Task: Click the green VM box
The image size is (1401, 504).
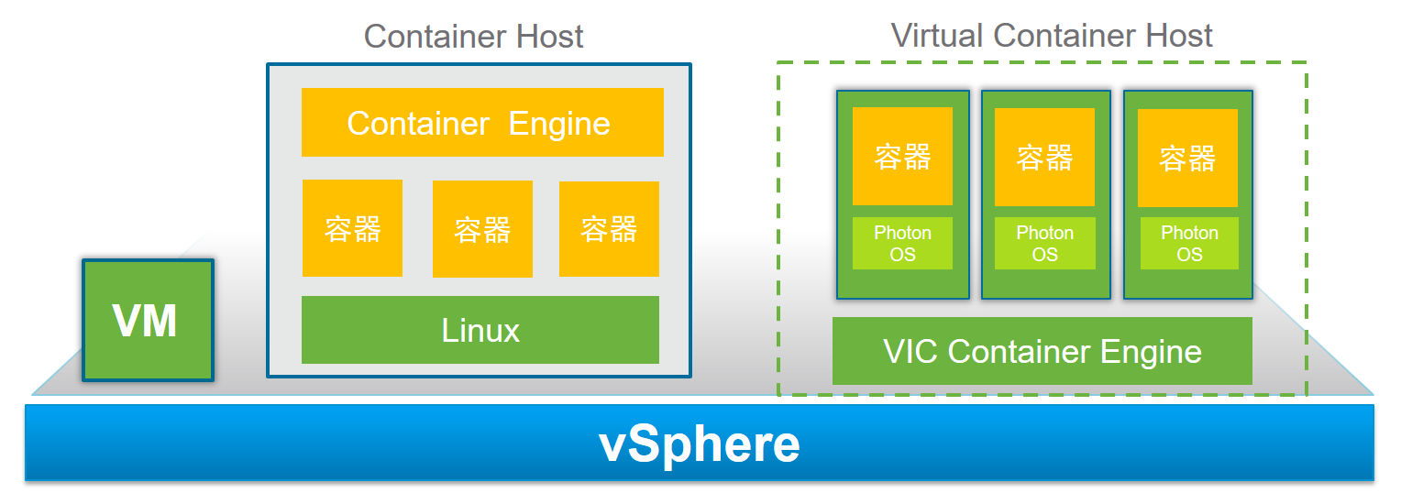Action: click(147, 320)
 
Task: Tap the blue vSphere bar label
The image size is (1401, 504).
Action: click(699, 444)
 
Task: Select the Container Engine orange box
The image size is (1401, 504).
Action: click(481, 123)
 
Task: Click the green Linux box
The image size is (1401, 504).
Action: click(480, 330)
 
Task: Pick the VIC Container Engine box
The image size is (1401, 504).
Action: click(1042, 351)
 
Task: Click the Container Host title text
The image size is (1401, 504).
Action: click(473, 37)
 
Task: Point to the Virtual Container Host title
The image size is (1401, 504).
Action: click(1052, 36)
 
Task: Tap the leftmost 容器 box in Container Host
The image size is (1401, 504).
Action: click(352, 228)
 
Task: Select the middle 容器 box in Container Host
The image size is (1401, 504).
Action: click(482, 229)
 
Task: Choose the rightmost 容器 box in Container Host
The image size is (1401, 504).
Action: click(609, 229)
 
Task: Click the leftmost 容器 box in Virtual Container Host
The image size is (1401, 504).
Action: click(902, 157)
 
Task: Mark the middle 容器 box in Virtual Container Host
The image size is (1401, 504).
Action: click(1044, 157)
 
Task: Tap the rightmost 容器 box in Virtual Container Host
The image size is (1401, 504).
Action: click(1187, 158)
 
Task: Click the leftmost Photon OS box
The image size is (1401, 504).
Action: click(902, 244)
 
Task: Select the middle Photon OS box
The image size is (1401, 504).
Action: click(1044, 244)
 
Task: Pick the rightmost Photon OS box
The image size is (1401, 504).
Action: click(1189, 244)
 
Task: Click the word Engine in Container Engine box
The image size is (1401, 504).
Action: click(559, 123)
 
